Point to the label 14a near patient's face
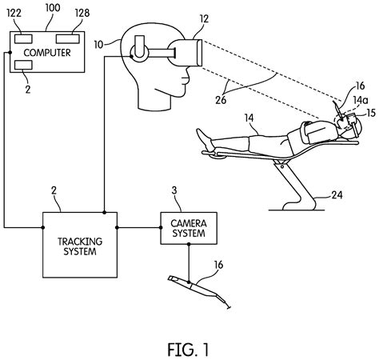point(361,100)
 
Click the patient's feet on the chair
point(205,143)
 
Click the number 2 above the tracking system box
point(54,190)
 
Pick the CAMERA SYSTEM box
point(189,227)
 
